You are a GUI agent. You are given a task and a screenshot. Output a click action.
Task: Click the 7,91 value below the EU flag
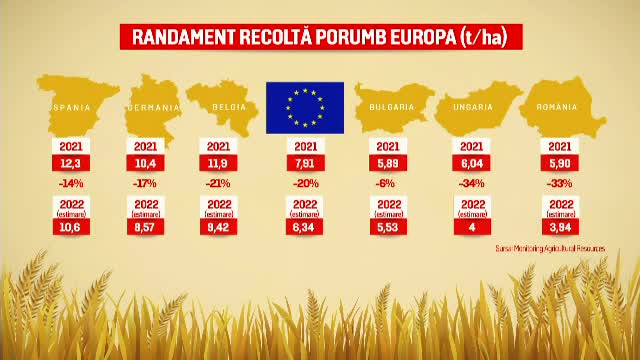click(x=304, y=162)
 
